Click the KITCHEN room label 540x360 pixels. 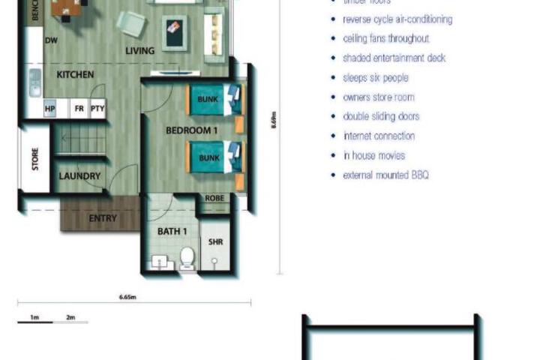[75, 74]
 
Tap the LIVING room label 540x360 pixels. [140, 51]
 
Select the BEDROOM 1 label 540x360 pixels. [191, 130]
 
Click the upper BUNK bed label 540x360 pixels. [209, 99]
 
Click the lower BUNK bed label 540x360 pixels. [209, 158]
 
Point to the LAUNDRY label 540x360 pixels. [79, 176]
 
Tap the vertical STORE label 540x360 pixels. [35, 159]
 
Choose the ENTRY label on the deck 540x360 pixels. [103, 219]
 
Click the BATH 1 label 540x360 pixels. [172, 232]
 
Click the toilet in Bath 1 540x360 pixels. [187, 259]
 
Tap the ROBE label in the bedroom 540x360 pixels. [214, 199]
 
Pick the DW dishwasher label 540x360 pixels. [52, 40]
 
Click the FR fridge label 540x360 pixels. [79, 109]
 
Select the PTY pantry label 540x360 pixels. [97, 109]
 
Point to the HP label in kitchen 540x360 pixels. [50, 109]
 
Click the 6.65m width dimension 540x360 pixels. [128, 297]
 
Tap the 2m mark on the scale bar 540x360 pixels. [70, 317]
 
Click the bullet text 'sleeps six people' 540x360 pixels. [375, 77]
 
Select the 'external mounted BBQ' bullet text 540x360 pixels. [385, 175]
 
